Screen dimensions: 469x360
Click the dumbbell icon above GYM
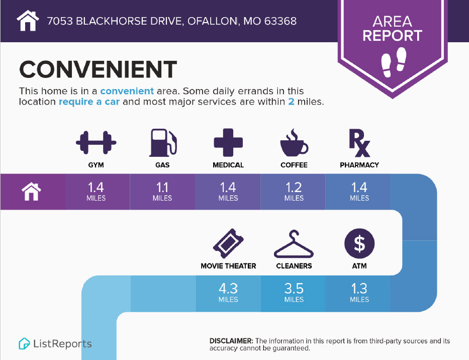[96, 142]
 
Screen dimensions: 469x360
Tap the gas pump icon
[163, 143]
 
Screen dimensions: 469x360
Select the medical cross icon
[228, 142]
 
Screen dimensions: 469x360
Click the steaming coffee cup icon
[294, 143]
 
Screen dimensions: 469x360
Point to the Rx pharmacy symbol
[359, 143]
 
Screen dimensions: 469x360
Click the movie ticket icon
[228, 243]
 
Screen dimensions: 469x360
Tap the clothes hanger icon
[294, 244]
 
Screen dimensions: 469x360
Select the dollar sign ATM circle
[359, 243]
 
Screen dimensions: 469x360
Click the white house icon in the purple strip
[31, 192]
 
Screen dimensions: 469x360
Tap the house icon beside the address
[28, 21]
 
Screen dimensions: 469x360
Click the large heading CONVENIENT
[98, 69]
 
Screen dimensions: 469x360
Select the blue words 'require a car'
[89, 102]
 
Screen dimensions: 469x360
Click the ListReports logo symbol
[24, 343]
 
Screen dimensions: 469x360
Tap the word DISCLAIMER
[231, 341]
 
